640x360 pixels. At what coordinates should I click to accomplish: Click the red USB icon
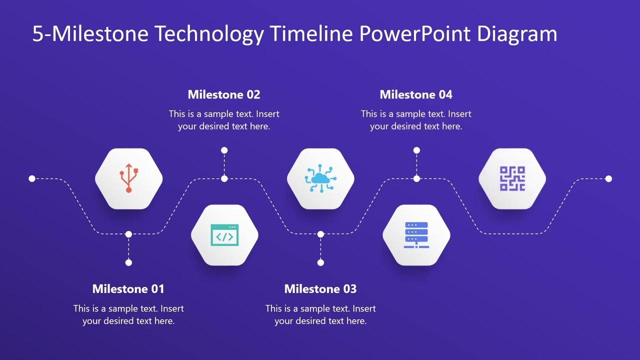(128, 178)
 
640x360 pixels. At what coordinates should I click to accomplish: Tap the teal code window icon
(224, 235)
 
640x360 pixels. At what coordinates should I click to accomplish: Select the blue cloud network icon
(320, 178)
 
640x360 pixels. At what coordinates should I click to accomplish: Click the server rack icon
(416, 235)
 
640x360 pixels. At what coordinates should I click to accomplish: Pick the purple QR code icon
(512, 178)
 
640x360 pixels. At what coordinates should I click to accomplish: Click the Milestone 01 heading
(128, 289)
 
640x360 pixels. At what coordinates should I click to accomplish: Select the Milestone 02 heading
(224, 94)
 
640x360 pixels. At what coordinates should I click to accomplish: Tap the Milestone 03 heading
(320, 289)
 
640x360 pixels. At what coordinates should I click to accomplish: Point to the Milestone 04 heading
(416, 94)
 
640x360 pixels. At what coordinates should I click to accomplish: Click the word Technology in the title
(209, 34)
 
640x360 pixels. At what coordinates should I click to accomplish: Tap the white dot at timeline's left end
(32, 178)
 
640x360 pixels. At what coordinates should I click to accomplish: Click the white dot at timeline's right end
(608, 178)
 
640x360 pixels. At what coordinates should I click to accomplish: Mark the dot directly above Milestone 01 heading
(128, 262)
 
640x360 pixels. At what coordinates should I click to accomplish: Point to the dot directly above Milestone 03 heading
(320, 262)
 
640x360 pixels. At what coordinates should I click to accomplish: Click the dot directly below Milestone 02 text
(224, 150)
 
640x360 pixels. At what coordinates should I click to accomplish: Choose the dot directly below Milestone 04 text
(416, 150)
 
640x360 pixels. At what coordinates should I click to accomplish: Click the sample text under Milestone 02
(224, 120)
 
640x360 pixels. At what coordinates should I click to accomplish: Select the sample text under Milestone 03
(320, 314)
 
